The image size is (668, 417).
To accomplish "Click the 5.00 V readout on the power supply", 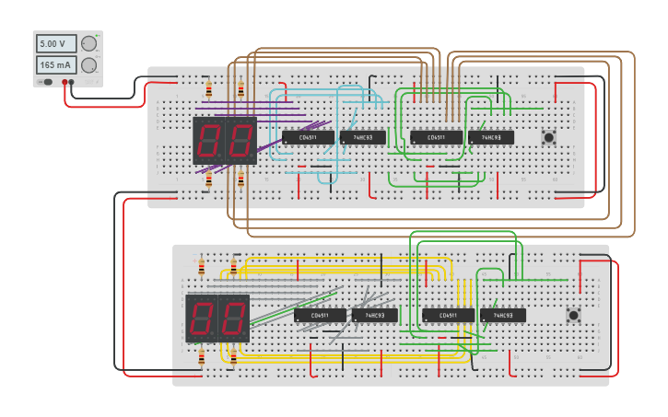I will click(x=55, y=43).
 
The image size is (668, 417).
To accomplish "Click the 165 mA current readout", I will click(x=55, y=64).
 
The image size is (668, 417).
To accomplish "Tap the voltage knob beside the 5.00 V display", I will click(x=88, y=43).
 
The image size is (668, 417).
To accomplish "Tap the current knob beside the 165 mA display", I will click(x=88, y=64).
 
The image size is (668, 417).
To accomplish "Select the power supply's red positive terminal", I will click(x=65, y=83).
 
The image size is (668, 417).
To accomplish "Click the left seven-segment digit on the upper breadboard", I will click(x=209, y=141).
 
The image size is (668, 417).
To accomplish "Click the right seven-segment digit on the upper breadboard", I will click(x=240, y=141).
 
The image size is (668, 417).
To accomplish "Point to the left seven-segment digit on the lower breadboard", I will click(x=202, y=319).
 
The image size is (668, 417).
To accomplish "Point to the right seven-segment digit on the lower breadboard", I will click(x=233, y=319).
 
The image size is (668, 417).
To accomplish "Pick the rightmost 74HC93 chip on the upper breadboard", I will click(x=490, y=137).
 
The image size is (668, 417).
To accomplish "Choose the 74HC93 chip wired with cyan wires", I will click(x=362, y=137).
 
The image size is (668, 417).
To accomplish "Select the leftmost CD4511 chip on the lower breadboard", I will click(x=320, y=315).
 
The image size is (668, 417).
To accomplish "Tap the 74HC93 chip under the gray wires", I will click(x=374, y=315).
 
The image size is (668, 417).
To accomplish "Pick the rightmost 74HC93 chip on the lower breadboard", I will click(x=502, y=315).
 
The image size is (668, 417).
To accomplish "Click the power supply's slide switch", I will click(x=45, y=82).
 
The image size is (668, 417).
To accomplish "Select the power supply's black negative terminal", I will click(x=74, y=83).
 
